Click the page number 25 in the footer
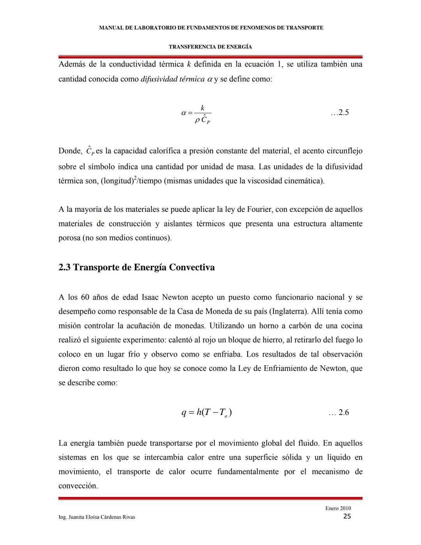347,517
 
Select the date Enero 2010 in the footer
338,508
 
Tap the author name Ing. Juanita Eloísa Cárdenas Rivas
97,517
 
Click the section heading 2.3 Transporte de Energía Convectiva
136,267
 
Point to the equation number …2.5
340,113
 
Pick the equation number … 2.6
339,412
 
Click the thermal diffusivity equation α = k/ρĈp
197,114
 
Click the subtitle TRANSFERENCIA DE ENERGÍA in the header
210,47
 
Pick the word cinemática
303,181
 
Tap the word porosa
69,238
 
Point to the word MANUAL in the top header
111,28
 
